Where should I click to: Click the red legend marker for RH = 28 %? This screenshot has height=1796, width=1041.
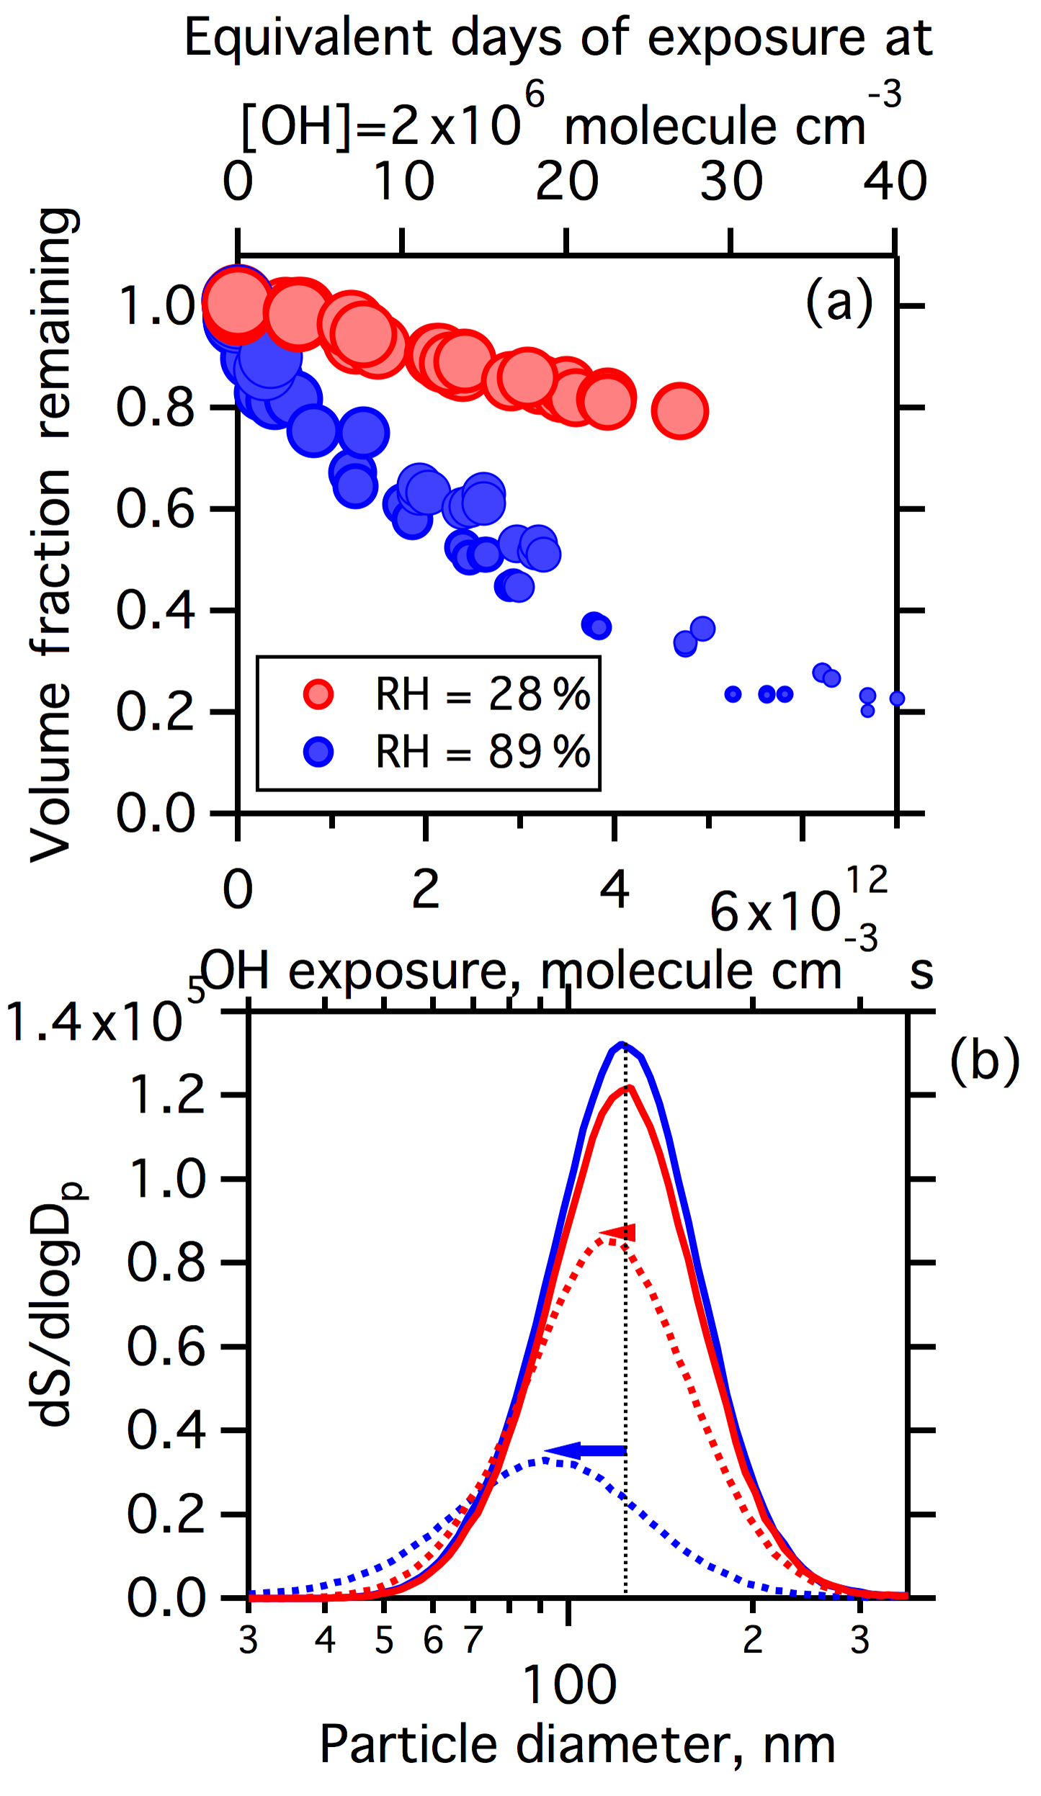coord(318,694)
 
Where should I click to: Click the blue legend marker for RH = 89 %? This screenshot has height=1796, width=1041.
coord(318,752)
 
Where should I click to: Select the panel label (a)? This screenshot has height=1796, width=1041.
coord(839,302)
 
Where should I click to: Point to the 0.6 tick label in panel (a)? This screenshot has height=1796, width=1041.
coord(155,509)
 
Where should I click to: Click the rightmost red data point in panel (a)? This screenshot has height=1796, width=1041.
coord(680,410)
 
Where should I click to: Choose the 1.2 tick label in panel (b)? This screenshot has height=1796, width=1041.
coord(166,1095)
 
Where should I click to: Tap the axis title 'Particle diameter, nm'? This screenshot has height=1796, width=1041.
coord(577,1745)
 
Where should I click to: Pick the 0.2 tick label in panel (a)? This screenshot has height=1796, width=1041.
coord(155,712)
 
